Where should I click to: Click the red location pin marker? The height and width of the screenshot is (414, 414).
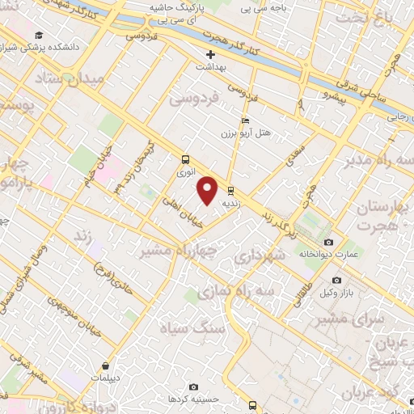coord(209,191)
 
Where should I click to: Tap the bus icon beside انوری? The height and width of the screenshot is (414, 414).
coord(186,159)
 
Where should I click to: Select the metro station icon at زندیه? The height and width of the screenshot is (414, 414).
coord(231,192)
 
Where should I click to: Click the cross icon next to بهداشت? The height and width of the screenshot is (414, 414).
coord(210,54)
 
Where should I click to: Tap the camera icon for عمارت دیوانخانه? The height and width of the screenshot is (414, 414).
coord(327,243)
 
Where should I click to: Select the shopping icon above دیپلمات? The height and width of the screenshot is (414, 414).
coord(106,365)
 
